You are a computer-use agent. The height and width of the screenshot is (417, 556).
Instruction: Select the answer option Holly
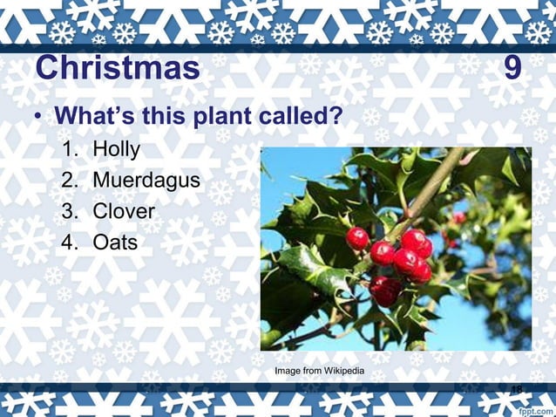click(117, 150)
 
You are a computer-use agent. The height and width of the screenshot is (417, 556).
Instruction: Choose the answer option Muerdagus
click(146, 181)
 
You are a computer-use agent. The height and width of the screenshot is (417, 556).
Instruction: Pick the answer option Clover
click(124, 211)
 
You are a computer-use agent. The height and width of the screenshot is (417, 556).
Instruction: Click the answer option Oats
click(115, 242)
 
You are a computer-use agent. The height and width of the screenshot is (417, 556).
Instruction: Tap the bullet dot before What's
click(38, 117)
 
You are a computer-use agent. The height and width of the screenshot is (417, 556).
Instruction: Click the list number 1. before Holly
click(71, 150)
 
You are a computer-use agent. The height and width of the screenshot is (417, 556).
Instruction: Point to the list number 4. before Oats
click(71, 242)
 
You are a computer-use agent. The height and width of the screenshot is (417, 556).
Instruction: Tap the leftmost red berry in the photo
click(357, 238)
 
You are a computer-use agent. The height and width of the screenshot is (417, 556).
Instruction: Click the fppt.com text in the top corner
click(533, 10)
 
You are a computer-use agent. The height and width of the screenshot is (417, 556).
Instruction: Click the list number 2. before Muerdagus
click(71, 181)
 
